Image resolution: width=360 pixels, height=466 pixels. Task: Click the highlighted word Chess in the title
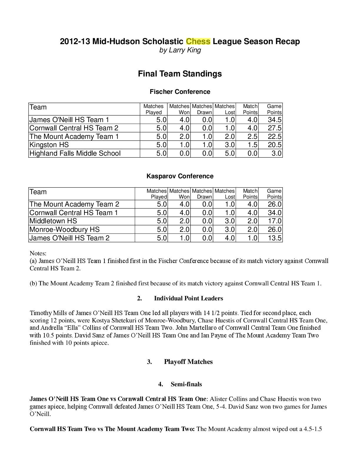coord(198,41)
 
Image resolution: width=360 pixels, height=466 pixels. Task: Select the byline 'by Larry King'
coord(180,50)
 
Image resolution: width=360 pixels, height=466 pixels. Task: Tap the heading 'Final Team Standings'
coord(180,74)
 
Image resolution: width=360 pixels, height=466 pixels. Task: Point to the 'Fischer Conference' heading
coord(180,92)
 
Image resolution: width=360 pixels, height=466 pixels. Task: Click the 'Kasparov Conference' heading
coord(180,176)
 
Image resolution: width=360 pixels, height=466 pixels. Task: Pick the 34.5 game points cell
coord(274,120)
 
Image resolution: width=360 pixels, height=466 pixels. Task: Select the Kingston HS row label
coord(49,145)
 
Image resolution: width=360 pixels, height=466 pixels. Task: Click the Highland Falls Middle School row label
coord(75,153)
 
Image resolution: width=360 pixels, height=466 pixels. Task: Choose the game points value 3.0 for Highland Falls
coord(276,153)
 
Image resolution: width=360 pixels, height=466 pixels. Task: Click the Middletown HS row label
coord(53,221)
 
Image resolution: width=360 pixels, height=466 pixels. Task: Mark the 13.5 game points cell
coord(274,238)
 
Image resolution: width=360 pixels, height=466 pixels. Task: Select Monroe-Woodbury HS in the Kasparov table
coord(64,229)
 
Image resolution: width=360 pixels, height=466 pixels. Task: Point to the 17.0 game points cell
coord(274,221)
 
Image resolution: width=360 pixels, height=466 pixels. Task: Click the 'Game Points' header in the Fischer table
coord(274,109)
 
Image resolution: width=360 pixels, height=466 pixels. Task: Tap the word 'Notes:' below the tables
coord(38,253)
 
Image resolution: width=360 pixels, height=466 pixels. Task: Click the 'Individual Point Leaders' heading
coord(188,298)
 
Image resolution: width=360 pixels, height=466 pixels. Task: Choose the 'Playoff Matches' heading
coord(188,362)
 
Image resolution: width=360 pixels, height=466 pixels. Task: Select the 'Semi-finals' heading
coord(186,384)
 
